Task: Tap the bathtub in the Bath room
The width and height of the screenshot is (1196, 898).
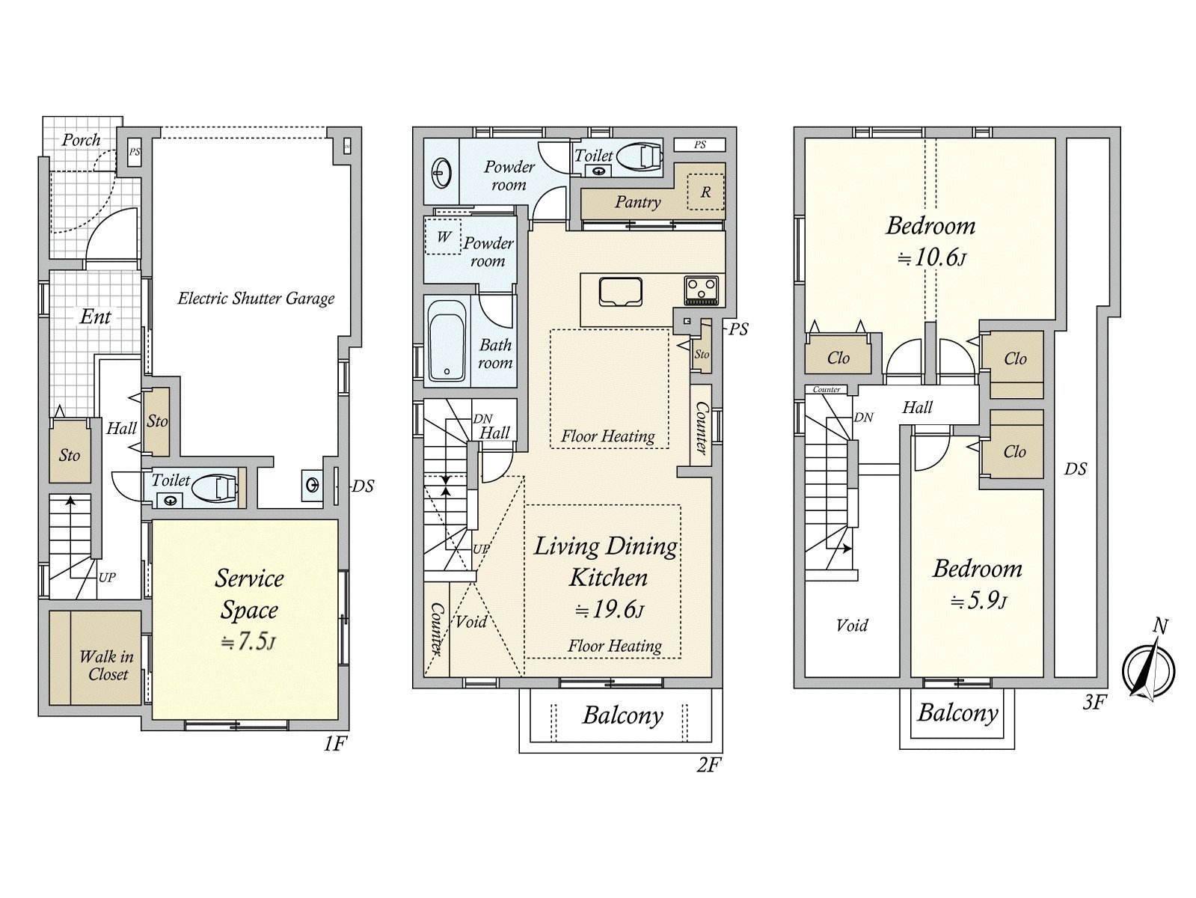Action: click(447, 341)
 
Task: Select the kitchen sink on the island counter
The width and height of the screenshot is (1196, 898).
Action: click(621, 292)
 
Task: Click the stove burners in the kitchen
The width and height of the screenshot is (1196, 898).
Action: click(702, 290)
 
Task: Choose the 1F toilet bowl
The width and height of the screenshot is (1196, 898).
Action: click(215, 488)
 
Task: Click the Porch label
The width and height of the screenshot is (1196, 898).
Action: click(82, 140)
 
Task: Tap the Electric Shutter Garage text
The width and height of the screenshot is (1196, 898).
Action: click(256, 299)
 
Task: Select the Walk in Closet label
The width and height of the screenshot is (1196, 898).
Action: click(107, 665)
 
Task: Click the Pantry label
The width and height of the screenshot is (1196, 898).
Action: click(637, 203)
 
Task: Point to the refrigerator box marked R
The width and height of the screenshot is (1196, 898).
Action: click(705, 192)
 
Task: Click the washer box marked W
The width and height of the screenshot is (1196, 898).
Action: click(443, 236)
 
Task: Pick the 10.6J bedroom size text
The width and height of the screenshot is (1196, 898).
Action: click(931, 258)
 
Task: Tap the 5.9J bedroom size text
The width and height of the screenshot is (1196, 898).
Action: click(978, 602)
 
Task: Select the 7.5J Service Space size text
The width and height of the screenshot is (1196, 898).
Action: click(248, 642)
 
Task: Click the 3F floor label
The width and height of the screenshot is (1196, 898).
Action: click(1094, 703)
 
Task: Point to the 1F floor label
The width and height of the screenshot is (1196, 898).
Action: click(335, 744)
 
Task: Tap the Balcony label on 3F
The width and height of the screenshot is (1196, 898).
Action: click(958, 712)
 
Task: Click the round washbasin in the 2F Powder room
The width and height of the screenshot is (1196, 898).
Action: click(441, 174)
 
